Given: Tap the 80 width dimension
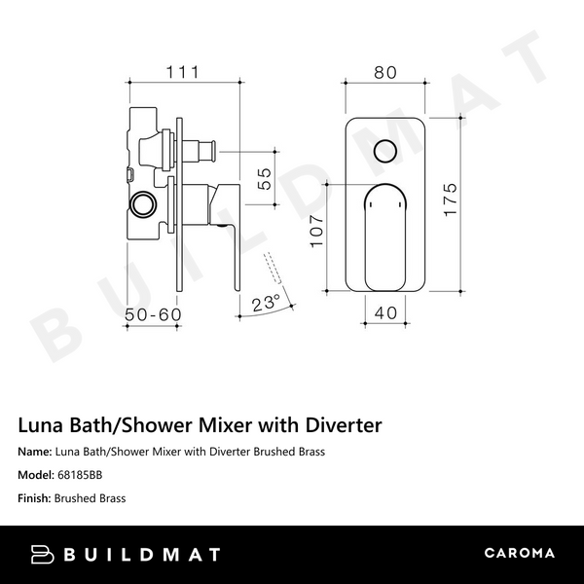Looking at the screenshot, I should click(386, 72).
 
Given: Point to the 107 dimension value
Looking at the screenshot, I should click(316, 232).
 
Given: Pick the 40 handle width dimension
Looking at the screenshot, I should click(386, 314).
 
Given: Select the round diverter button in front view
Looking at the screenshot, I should click(386, 151).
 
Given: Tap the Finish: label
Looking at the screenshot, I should click(34, 498).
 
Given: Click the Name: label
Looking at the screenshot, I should click(34, 452).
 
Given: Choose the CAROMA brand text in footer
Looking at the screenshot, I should click(519, 554).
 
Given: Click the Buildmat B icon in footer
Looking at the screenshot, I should click(44, 554).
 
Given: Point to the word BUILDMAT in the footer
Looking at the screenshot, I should click(143, 554).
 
